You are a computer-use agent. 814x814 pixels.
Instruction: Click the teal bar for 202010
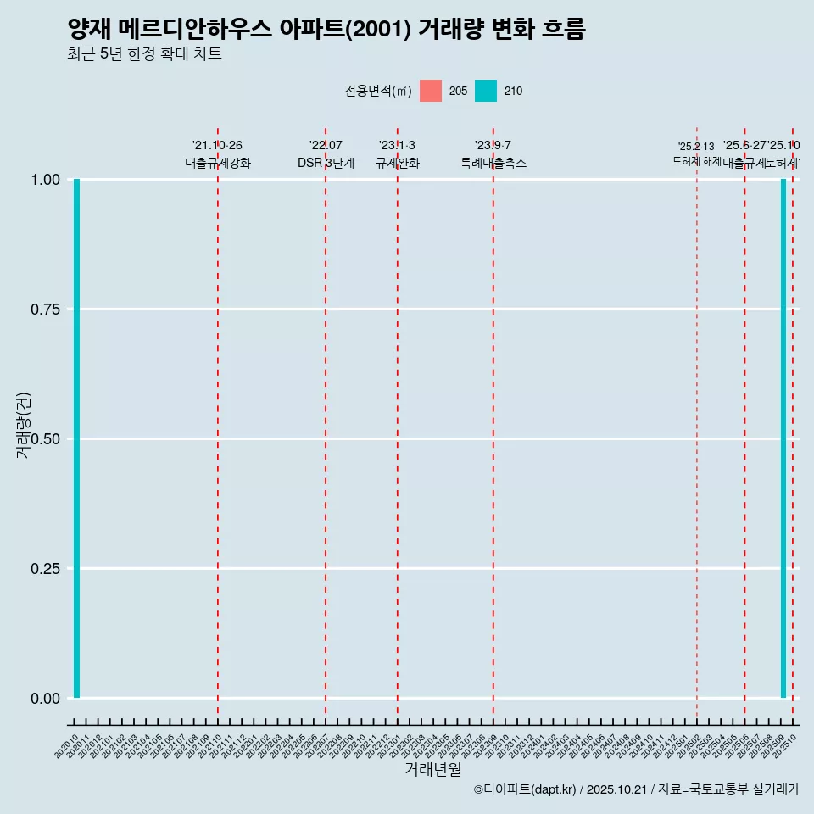[76, 438]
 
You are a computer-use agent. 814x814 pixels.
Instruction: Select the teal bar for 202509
[783, 438]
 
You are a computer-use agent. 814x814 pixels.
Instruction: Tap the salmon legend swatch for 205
[431, 91]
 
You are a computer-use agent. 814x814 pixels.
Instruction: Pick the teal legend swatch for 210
[486, 91]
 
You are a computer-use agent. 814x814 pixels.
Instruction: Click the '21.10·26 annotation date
[218, 146]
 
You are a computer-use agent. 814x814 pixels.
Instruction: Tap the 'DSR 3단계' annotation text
[326, 163]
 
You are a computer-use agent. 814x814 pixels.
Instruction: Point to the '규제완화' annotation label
[398, 163]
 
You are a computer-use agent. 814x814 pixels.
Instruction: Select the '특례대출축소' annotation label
[493, 163]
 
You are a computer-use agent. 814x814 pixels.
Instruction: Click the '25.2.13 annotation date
[696, 147]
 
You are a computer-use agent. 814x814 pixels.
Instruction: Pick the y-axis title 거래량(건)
[23, 426]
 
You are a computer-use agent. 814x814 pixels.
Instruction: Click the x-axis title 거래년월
[432, 769]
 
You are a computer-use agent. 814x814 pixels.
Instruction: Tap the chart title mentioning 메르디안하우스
[326, 30]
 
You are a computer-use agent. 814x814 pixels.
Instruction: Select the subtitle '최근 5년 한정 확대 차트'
[144, 54]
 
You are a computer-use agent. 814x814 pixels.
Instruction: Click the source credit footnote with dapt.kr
[636, 789]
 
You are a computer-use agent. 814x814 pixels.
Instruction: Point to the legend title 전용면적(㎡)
[378, 91]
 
